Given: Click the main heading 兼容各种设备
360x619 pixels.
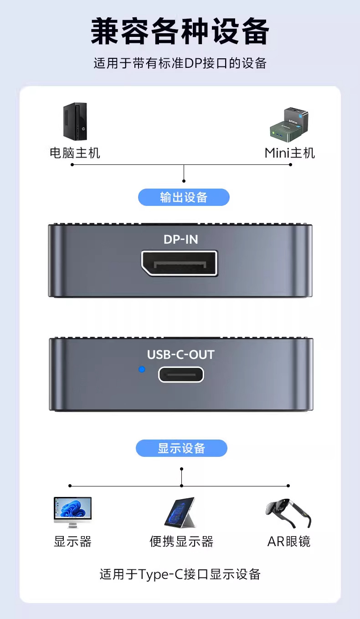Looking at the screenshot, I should (x=180, y=32).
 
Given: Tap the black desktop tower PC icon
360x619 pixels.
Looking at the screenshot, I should (x=75, y=121).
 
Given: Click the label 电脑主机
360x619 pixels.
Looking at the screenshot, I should (x=75, y=153).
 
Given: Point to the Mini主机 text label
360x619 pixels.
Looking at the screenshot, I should (x=290, y=153).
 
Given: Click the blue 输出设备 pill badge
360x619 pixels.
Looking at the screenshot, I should (x=184, y=197).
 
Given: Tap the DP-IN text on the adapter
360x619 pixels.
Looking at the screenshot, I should (x=180, y=239).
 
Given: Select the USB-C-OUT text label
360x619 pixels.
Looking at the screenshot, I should (x=180, y=355).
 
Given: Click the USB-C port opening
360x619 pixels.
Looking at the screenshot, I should (x=181, y=374).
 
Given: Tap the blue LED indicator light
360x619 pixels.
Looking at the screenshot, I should (x=142, y=369).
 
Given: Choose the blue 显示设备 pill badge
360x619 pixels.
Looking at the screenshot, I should (x=181, y=448).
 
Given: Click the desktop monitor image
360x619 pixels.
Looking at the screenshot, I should (x=72, y=512).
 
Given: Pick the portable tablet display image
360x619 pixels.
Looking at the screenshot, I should (x=180, y=512).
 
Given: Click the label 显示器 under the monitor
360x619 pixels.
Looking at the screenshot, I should (x=72, y=542).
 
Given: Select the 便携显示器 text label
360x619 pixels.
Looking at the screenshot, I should (x=181, y=542).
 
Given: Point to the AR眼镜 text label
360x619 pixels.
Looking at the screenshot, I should (x=288, y=542).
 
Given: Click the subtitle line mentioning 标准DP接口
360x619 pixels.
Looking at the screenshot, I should (x=180, y=63).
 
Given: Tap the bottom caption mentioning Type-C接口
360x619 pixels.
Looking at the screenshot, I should (x=180, y=574).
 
